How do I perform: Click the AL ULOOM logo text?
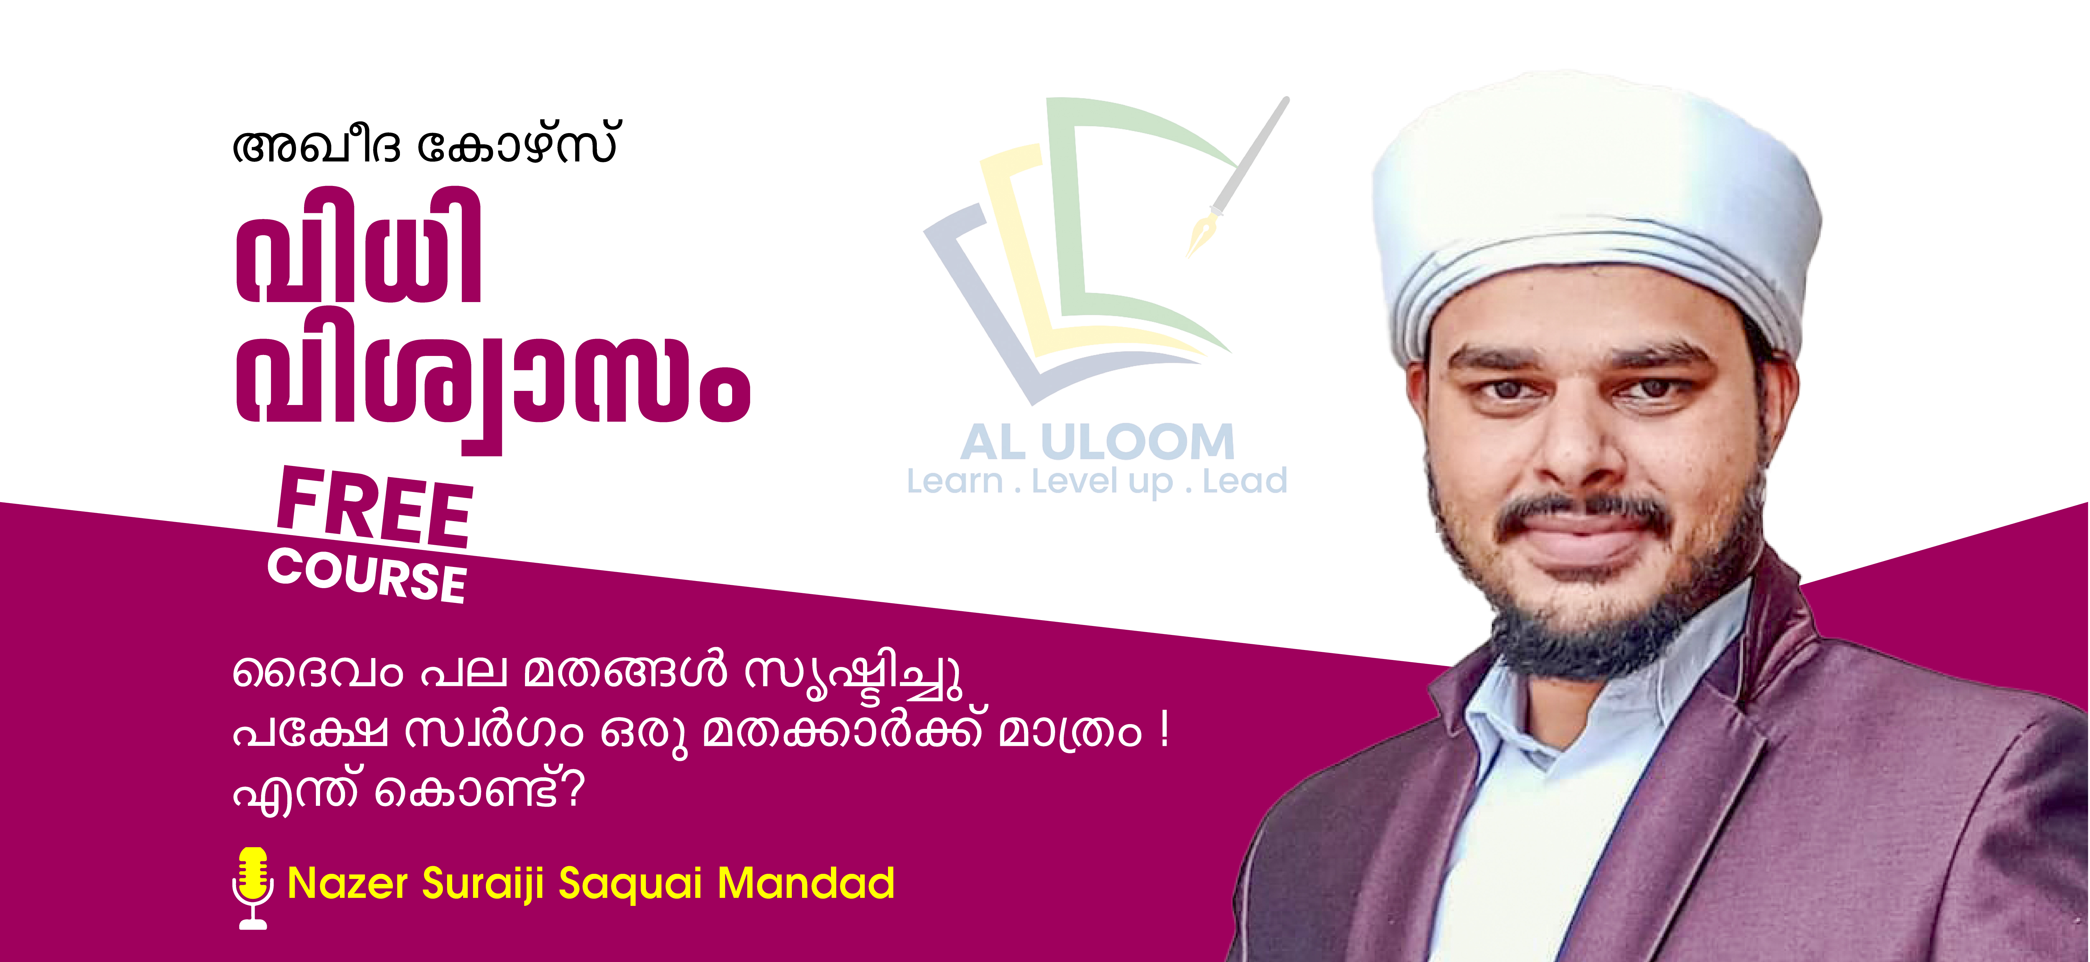tap(1097, 442)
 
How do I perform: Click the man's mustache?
tap(1582, 515)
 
